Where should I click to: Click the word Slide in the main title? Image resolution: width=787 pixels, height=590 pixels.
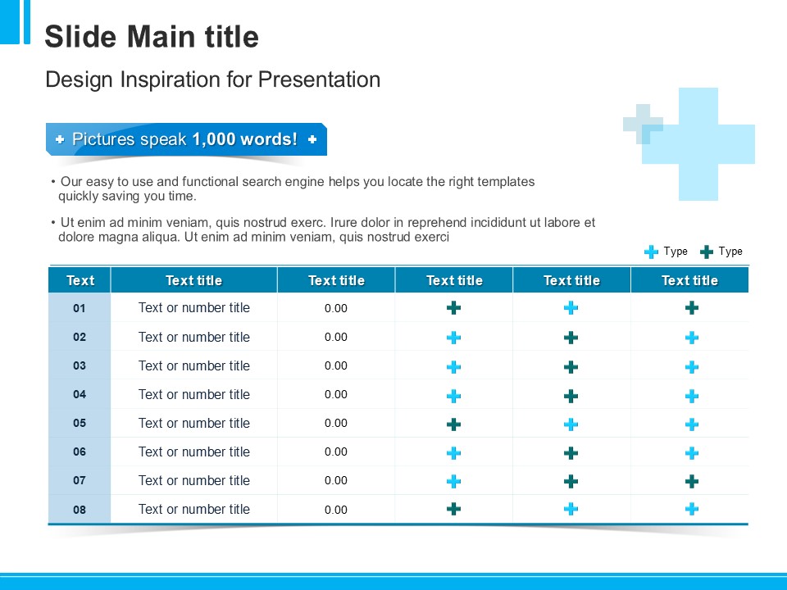[x=80, y=37]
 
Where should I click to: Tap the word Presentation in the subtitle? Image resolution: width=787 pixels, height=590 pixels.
[x=319, y=79]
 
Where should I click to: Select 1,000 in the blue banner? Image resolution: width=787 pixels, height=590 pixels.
[x=213, y=139]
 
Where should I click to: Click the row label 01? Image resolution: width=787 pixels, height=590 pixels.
[x=80, y=308]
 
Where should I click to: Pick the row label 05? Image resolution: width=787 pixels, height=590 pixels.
[x=80, y=423]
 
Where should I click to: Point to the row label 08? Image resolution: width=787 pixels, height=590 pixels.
[x=80, y=510]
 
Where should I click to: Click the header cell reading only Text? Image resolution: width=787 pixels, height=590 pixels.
[x=80, y=280]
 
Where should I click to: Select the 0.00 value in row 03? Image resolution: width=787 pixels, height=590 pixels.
[x=336, y=365]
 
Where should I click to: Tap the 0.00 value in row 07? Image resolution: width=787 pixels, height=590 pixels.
[x=336, y=481]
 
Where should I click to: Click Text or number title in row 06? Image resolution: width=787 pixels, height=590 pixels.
[x=194, y=452]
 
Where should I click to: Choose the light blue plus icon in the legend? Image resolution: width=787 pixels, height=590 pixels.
[x=651, y=252]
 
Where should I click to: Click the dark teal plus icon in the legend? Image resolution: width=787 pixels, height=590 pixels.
[x=706, y=252]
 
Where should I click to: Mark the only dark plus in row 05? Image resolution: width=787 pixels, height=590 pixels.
[x=453, y=424]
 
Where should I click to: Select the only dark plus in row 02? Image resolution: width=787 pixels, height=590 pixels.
[x=571, y=338]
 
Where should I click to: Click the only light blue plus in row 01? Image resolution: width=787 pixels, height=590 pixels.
[x=571, y=307]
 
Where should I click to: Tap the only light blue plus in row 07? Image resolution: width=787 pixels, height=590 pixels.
[x=453, y=482]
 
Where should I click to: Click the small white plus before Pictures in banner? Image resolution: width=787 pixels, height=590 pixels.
[x=60, y=139]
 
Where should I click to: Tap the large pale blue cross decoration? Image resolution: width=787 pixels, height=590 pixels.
[x=698, y=144]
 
